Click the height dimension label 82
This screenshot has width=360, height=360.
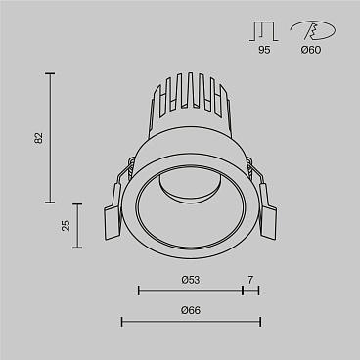click(38, 137)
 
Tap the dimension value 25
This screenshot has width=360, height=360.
click(66, 226)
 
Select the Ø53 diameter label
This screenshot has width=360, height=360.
click(191, 281)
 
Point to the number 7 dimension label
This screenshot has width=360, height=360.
click(250, 281)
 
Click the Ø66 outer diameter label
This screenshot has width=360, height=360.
click(191, 311)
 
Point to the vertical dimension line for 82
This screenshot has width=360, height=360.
click(50, 137)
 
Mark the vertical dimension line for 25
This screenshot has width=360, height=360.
click(77, 226)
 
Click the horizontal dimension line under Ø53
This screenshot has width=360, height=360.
click(191, 291)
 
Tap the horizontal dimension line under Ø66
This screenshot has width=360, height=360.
click(191, 321)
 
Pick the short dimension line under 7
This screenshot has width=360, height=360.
click(250, 291)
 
